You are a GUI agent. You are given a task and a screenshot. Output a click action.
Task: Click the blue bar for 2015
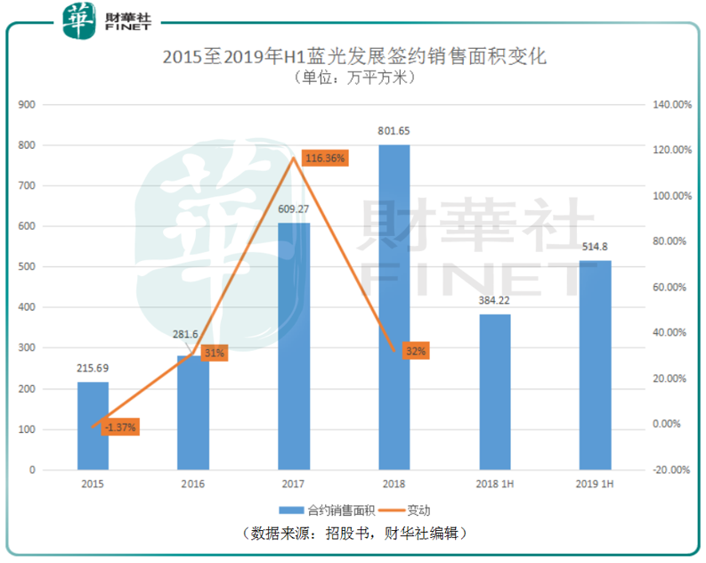pyautogui.click(x=93, y=426)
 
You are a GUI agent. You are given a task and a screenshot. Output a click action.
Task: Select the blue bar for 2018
pyautogui.click(x=394, y=306)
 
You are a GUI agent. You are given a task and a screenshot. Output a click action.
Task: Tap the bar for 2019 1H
pyautogui.click(x=595, y=365)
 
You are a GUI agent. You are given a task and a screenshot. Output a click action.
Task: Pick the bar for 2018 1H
pyautogui.click(x=495, y=392)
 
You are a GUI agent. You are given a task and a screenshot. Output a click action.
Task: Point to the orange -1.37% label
pyautogui.click(x=119, y=428)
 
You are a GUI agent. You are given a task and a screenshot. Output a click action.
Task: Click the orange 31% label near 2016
pyautogui.click(x=214, y=353)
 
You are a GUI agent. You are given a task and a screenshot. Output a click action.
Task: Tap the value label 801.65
pyautogui.click(x=394, y=131)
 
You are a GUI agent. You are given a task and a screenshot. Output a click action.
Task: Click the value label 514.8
pyautogui.click(x=596, y=248)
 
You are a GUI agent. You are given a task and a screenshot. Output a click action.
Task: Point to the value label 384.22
pyautogui.click(x=495, y=301)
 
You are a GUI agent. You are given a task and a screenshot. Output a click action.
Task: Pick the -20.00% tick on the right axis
pyautogui.click(x=670, y=469)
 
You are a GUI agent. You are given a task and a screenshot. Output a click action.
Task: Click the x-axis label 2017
pyautogui.click(x=294, y=484)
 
